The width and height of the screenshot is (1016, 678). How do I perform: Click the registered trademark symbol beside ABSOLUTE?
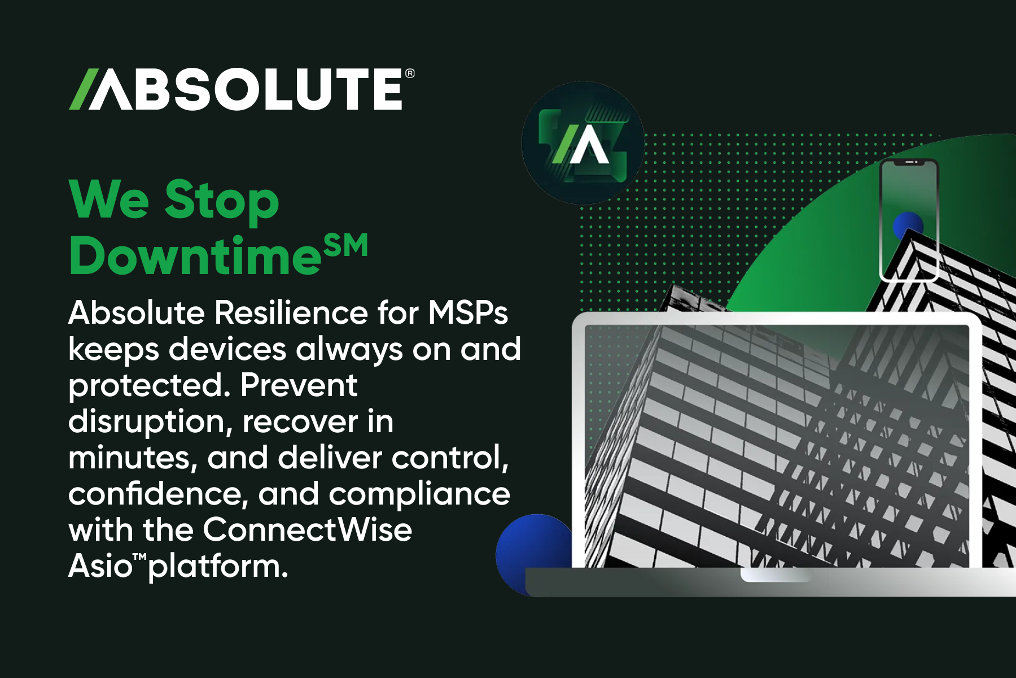[x=410, y=73]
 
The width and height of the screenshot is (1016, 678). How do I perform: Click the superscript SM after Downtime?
[x=346, y=246]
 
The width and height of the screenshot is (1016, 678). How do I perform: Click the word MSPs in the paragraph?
[x=468, y=312]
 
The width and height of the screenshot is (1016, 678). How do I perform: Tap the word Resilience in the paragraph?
[x=291, y=312]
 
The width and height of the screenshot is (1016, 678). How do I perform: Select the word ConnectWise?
[x=307, y=530]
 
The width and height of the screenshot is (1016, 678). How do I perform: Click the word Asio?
[x=100, y=566]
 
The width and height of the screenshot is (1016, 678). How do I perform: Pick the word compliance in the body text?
[x=419, y=494]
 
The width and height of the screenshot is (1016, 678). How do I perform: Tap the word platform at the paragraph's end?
[x=217, y=567]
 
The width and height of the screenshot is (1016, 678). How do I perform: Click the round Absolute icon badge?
[x=583, y=143]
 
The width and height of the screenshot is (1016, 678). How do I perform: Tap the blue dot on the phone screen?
[x=908, y=225]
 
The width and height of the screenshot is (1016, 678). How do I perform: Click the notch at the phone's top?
[x=910, y=162]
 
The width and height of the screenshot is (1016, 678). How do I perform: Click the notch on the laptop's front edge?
[x=776, y=575]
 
